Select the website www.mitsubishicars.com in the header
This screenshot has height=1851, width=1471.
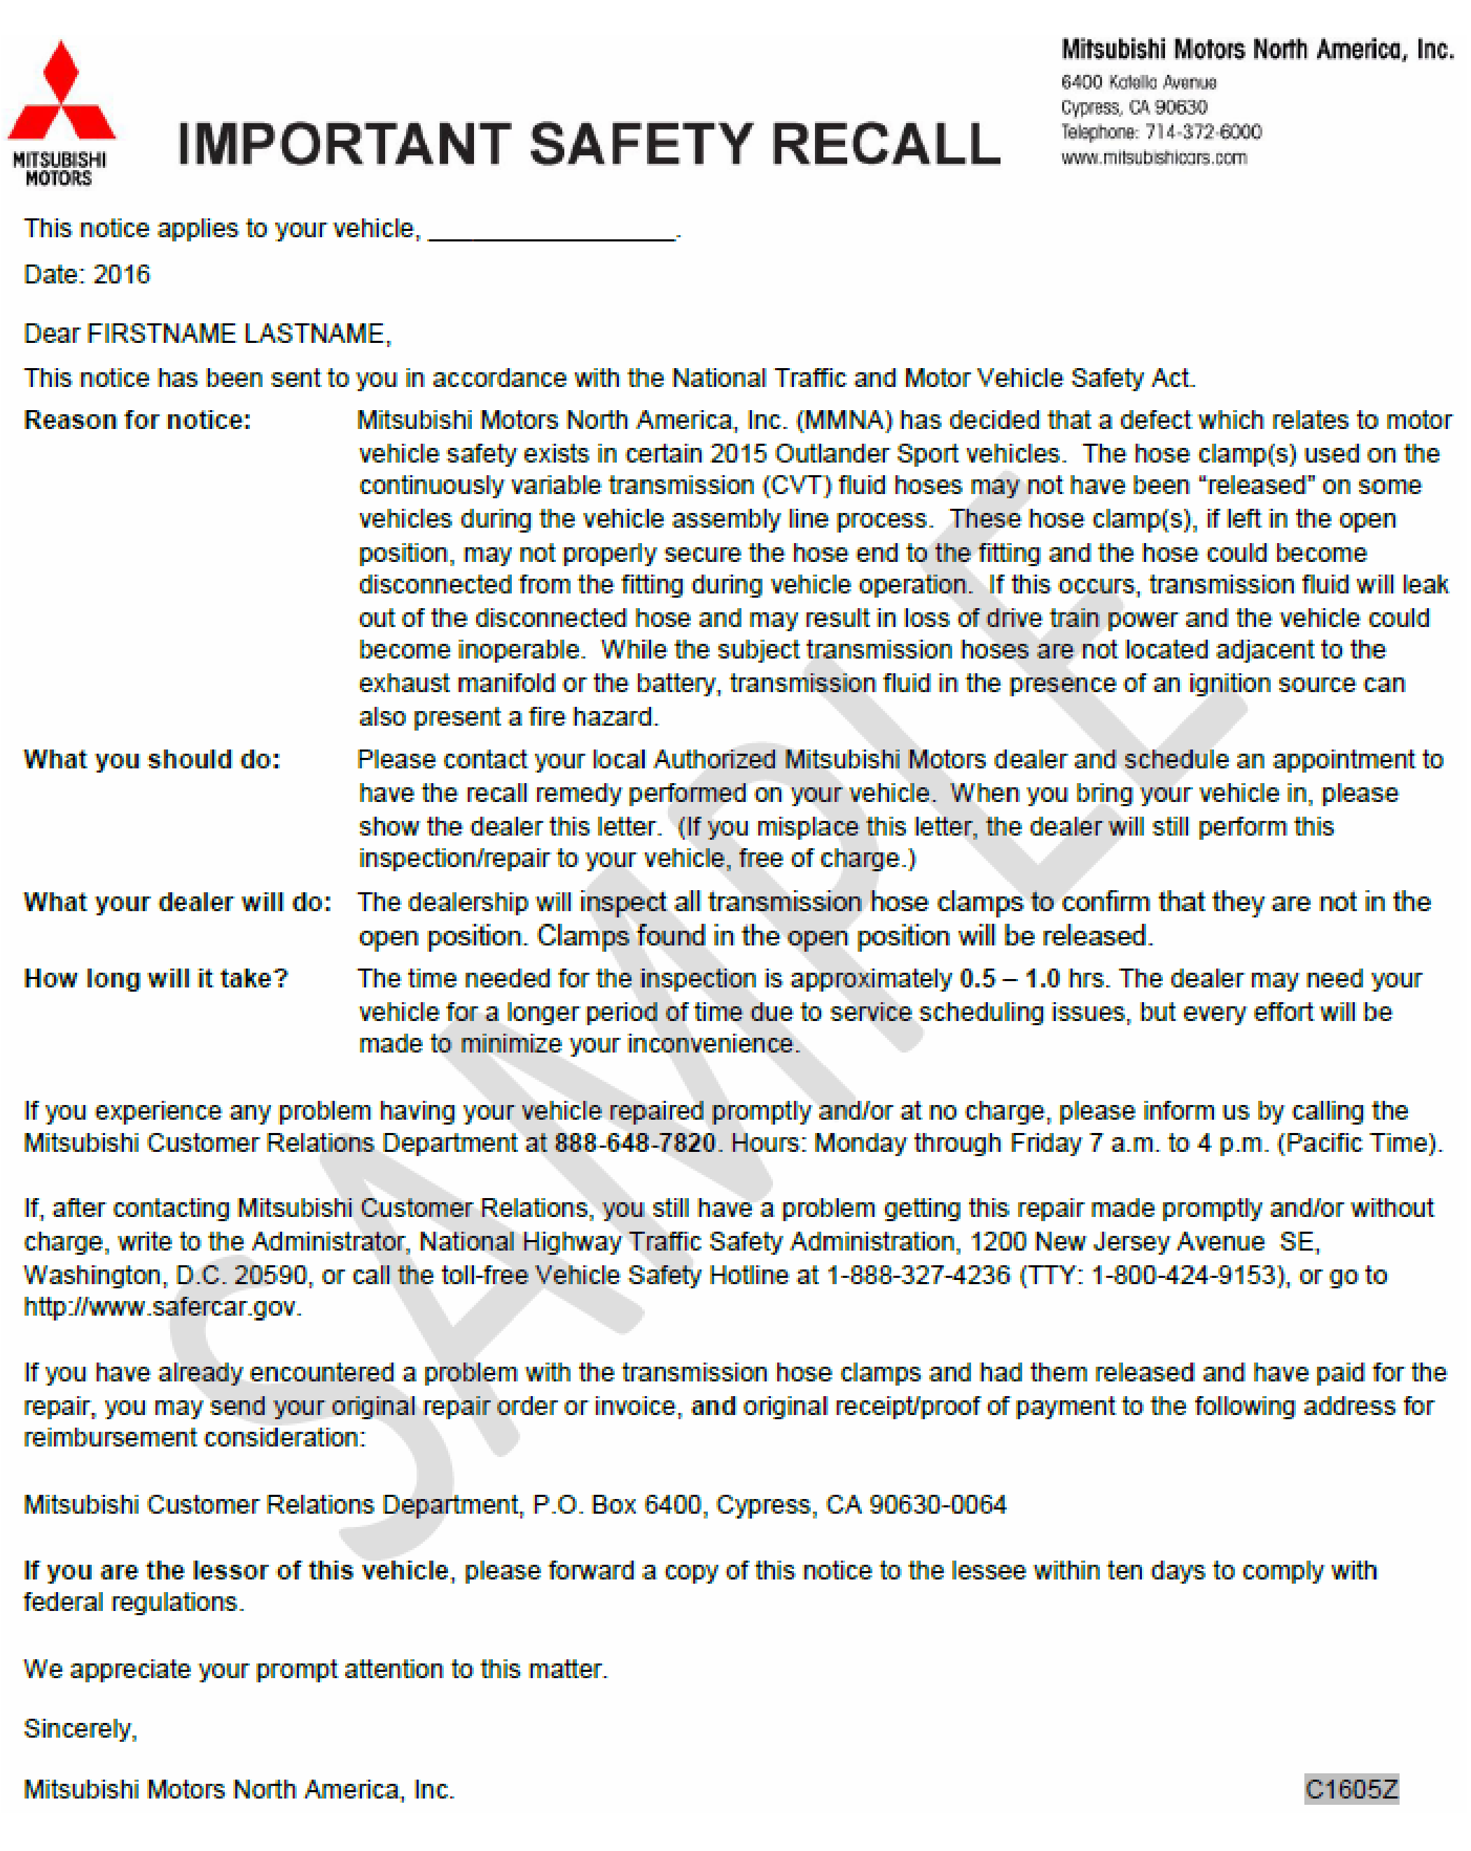[1152, 157]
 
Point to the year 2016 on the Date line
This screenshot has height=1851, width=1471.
[121, 275]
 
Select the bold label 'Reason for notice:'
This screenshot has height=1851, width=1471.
[137, 420]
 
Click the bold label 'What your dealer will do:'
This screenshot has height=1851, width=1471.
[177, 901]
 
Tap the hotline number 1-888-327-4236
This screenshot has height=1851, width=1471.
[917, 1275]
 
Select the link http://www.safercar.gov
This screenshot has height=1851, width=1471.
[162, 1307]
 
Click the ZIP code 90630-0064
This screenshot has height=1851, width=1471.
[937, 1504]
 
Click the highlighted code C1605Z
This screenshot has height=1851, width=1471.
[1351, 1789]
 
